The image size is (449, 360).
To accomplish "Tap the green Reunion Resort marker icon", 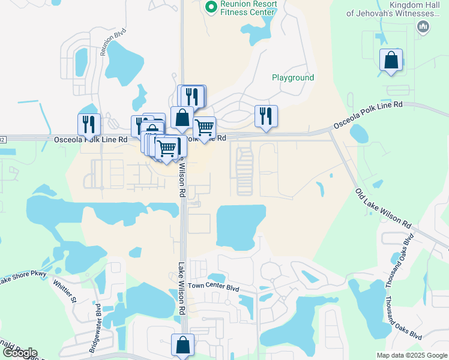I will click(211, 7).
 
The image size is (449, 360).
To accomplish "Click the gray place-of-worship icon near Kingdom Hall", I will click(423, 26).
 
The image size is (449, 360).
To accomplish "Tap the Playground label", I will click(293, 78).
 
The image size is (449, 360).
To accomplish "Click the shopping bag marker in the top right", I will click(391, 60).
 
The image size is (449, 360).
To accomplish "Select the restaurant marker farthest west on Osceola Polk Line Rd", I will click(89, 124).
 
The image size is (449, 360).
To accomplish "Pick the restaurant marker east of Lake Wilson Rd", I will click(266, 116).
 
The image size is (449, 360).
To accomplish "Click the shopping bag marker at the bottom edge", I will click(182, 345).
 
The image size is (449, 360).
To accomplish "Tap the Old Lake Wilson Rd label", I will click(383, 209).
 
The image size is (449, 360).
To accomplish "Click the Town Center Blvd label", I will click(213, 288).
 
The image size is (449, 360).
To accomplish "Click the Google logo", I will click(19, 353).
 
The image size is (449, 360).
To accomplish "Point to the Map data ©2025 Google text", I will click(411, 355).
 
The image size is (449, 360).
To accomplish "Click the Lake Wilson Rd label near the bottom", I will click(181, 288).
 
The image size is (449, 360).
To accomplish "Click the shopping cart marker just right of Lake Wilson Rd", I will click(204, 127).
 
